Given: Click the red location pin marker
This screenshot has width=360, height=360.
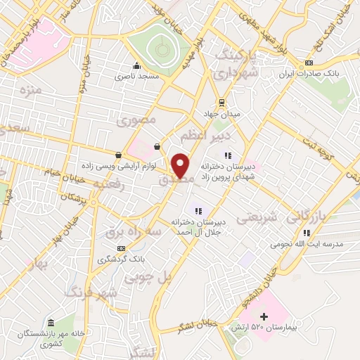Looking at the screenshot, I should coord(181,165).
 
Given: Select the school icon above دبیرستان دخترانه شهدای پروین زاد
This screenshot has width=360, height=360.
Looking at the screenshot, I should coord(227,155).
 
